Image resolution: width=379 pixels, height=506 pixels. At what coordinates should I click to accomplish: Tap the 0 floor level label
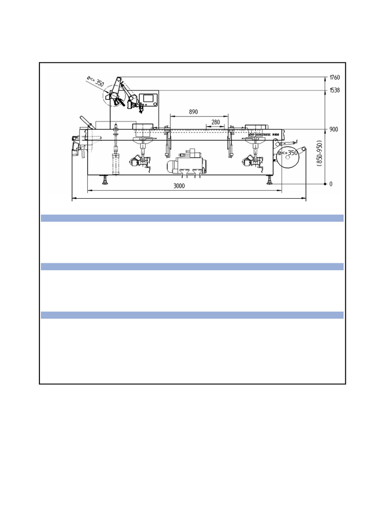331,184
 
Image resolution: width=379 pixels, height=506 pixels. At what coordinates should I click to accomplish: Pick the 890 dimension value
193,112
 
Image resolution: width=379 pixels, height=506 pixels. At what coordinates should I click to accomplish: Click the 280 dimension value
216,122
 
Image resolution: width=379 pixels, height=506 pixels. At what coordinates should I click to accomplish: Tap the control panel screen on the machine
148,99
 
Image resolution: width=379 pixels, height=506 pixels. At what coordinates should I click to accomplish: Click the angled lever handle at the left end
84,122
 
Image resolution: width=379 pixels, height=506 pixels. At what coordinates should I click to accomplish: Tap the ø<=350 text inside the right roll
289,153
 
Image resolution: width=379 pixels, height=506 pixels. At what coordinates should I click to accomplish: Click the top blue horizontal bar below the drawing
191,218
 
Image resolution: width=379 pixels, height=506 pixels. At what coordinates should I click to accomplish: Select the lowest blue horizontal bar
191,315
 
